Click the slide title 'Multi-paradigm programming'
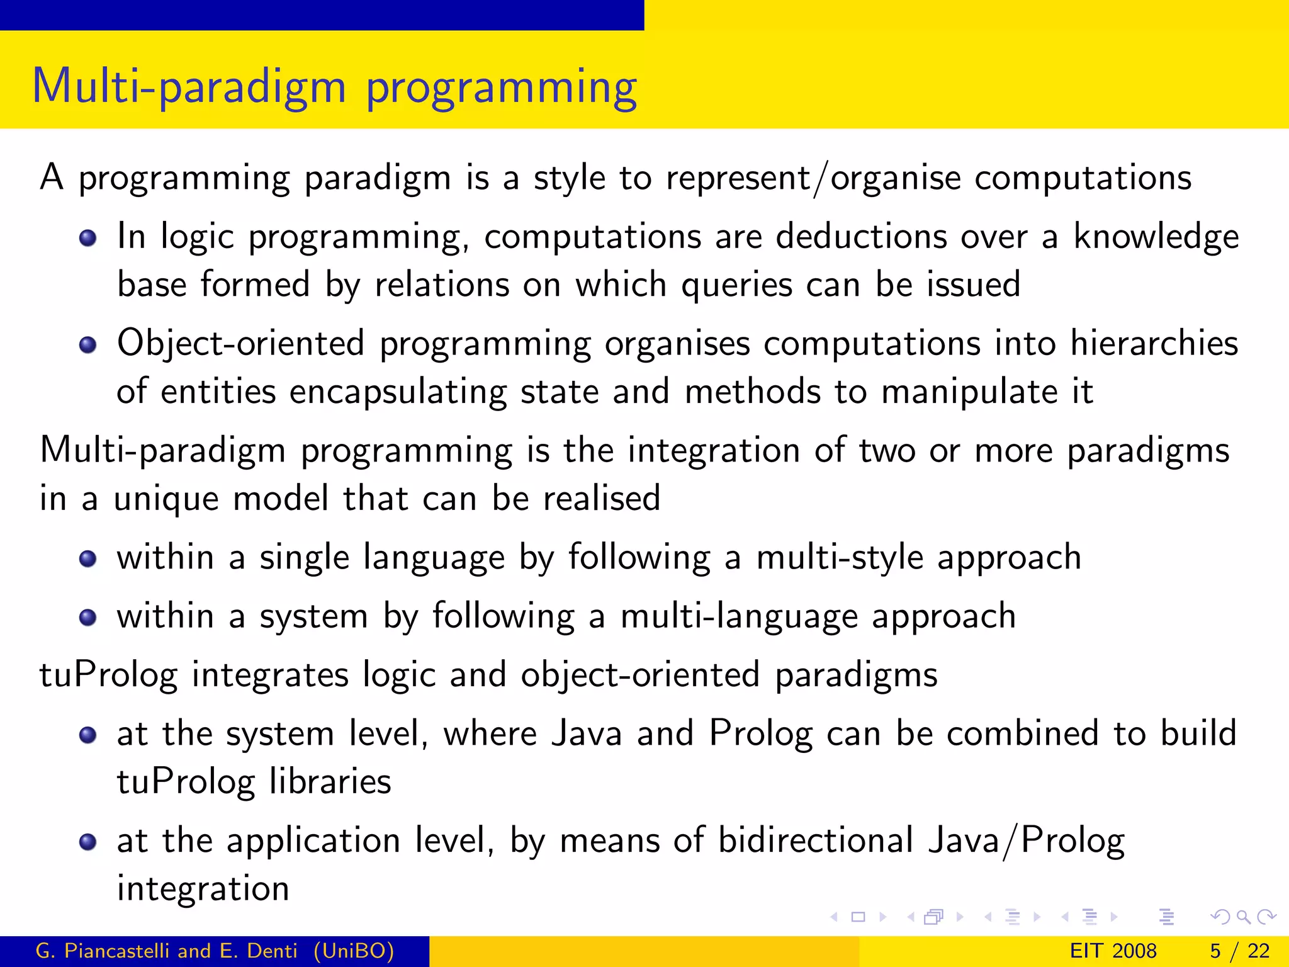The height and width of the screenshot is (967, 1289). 334,87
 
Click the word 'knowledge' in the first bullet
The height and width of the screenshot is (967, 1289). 1156,238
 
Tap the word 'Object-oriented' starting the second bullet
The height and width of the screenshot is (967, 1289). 240,344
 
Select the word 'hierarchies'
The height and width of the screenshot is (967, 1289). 1154,344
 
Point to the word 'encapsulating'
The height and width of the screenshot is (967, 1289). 398,392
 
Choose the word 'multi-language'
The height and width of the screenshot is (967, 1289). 738,616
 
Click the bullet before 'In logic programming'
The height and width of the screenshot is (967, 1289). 88,238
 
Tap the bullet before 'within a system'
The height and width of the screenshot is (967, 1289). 88,617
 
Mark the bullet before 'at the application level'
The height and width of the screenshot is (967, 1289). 88,842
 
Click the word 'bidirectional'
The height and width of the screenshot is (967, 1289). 816,841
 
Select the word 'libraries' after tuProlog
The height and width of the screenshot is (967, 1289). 330,782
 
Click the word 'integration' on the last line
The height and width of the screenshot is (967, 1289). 203,889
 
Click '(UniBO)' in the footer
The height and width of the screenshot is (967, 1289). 354,951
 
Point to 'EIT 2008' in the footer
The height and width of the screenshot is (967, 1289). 1113,951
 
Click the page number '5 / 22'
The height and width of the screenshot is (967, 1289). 1239,951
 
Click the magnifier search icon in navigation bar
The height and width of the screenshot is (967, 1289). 1243,917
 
